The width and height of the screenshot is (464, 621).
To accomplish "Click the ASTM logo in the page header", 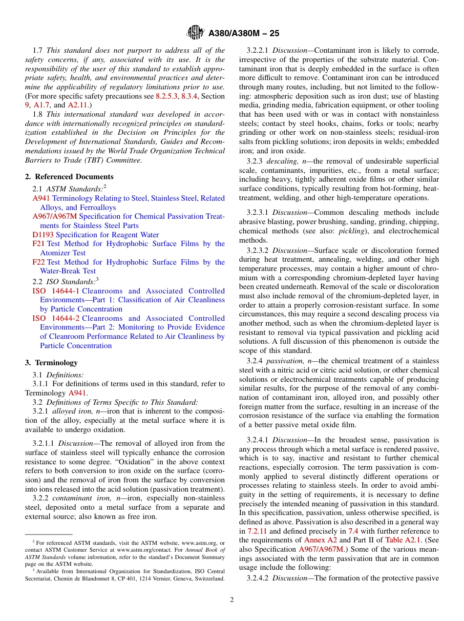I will [x=195, y=33].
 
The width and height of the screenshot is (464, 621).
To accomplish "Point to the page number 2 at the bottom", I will [x=232, y=600].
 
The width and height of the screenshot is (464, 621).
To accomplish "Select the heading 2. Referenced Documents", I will [x=69, y=177].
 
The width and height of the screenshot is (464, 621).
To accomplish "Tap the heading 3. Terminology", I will [x=51, y=363].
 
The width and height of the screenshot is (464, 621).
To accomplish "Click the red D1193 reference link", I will [x=43, y=235].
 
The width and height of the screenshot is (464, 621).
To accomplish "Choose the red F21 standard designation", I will [x=39, y=244].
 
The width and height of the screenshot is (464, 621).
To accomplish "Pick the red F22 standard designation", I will [x=39, y=262].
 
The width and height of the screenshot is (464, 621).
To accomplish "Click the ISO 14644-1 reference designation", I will [x=56, y=291].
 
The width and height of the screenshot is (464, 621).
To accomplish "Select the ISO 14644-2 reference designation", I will [x=56, y=318].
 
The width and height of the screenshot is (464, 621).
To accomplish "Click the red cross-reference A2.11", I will [x=78, y=105].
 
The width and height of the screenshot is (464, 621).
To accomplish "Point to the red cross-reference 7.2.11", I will [x=257, y=531].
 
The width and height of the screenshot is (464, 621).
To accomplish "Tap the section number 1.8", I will [x=38, y=114].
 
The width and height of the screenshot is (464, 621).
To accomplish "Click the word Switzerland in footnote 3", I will [x=207, y=579].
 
